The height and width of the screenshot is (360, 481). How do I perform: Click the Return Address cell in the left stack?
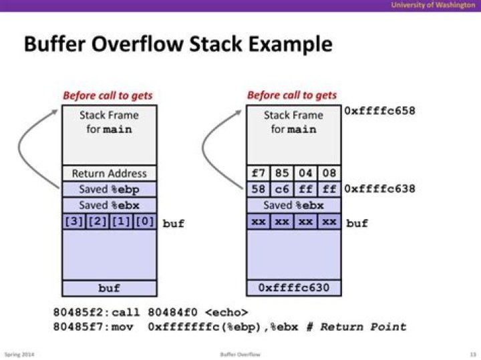coord(109,174)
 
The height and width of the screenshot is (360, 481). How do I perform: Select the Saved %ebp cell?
coord(109,189)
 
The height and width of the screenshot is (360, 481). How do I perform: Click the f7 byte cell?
coord(258,174)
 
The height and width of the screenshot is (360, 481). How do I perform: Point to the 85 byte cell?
coord(281,174)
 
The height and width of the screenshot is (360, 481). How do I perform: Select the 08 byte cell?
coord(329,174)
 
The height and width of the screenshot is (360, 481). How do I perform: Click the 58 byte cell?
coord(258,189)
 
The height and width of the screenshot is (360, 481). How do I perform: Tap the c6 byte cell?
coord(281,189)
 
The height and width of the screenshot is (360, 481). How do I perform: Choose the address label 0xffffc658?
coord(379,110)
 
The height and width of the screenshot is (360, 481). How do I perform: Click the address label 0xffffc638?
coord(379,189)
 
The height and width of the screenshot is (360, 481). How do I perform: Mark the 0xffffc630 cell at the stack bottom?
coord(293,288)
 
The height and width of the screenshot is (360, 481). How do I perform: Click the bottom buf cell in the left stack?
coord(109,288)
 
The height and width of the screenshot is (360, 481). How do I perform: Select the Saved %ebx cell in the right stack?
coord(293,205)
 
